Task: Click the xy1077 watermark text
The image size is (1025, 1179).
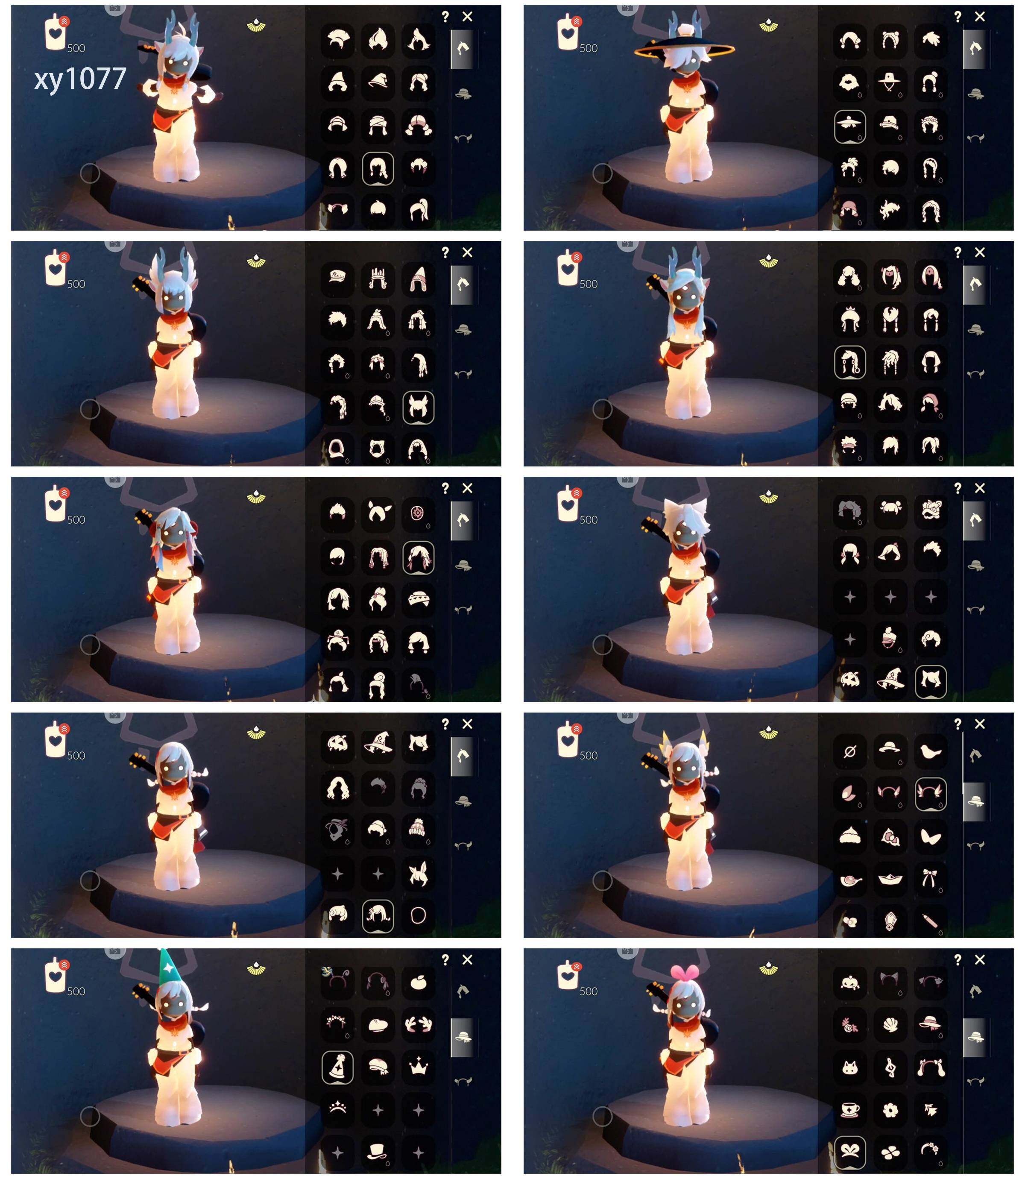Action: click(x=80, y=79)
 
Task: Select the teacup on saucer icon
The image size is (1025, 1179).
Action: click(x=850, y=1109)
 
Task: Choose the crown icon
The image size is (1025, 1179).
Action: click(x=419, y=1066)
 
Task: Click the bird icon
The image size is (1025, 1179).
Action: click(x=931, y=751)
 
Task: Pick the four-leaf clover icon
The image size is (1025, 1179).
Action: click(x=890, y=1152)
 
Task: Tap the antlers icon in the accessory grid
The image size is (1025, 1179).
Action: click(x=419, y=1024)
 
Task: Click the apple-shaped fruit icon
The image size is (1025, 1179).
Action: click(x=419, y=982)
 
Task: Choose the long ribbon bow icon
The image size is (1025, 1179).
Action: click(x=931, y=879)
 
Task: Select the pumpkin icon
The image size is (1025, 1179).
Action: click(x=850, y=982)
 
